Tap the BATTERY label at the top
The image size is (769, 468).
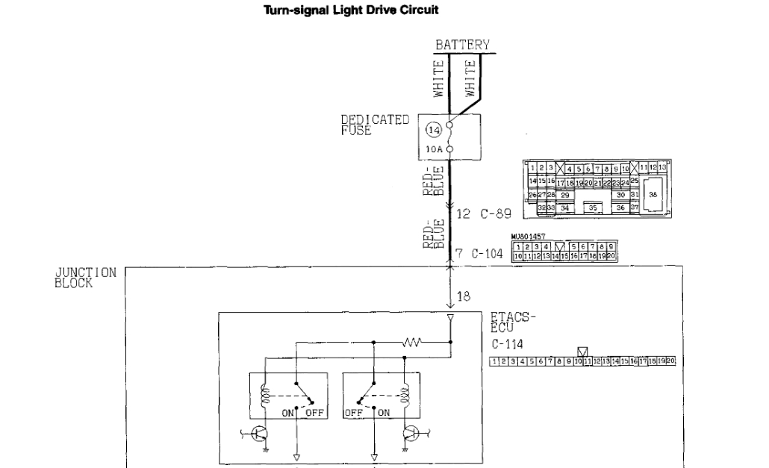coord(462,45)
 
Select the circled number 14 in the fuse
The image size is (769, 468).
coord(432,130)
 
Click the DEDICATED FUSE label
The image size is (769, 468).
coord(375,124)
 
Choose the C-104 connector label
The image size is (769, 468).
coord(488,254)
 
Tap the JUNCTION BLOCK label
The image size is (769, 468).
coord(84,277)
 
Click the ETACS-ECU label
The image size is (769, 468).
coord(514,322)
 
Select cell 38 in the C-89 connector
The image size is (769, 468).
coord(653,193)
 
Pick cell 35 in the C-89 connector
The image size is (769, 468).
coord(594,208)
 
